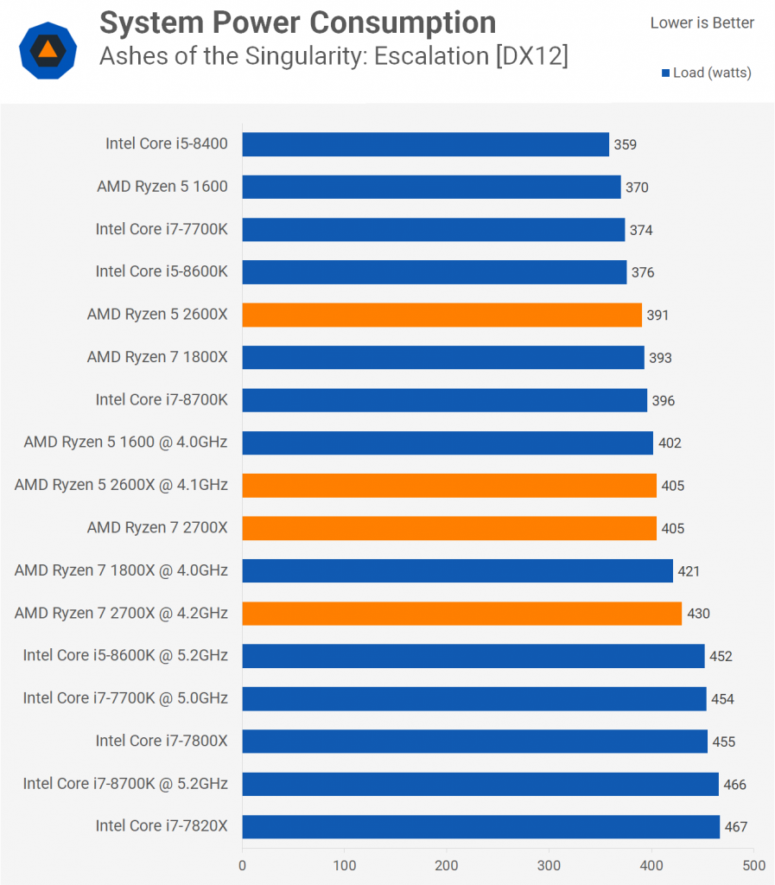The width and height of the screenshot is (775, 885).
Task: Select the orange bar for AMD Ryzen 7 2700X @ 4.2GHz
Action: (461, 614)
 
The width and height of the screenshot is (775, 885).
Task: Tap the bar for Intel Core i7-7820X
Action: (480, 826)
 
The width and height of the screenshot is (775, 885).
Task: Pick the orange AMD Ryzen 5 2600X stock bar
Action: (441, 315)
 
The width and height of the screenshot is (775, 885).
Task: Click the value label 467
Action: (735, 827)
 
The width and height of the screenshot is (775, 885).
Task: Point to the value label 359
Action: (625, 145)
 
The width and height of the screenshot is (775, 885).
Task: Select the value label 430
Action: (697, 614)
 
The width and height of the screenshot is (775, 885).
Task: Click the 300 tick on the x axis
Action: (549, 864)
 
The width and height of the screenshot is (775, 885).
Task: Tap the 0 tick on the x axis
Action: (243, 864)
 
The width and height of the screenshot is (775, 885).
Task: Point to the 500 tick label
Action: (753, 864)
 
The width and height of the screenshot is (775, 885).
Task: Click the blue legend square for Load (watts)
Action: (665, 73)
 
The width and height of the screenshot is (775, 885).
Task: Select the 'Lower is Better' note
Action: (702, 23)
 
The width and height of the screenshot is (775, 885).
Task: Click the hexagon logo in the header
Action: (48, 49)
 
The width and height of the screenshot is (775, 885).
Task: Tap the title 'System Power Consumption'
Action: (298, 22)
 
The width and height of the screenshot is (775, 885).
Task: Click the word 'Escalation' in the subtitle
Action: (435, 57)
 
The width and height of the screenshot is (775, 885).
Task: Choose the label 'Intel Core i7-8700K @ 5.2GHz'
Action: (125, 784)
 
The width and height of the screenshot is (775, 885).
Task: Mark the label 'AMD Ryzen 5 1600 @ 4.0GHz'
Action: (125, 442)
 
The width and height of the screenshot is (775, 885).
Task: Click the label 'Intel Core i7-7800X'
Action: (162, 741)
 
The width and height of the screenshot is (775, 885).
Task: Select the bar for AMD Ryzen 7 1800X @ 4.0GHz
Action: (457, 570)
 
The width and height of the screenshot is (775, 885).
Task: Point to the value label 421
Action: (689, 571)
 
